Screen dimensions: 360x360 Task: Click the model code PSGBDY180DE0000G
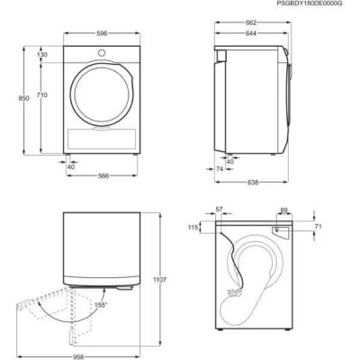click(310, 6)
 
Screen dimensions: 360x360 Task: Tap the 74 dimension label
click(220, 168)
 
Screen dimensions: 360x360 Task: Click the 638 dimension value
click(255, 184)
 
